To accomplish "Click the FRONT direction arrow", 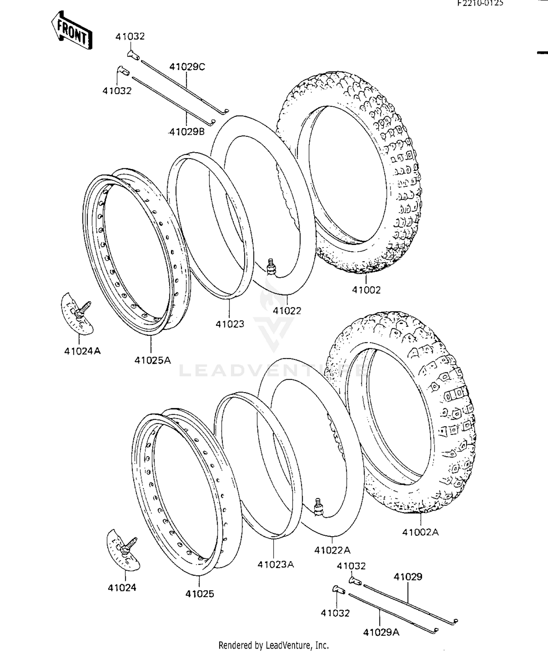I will (72, 31).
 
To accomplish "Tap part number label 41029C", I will (187, 67).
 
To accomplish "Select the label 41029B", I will (187, 131).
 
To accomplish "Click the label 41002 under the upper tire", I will (366, 290).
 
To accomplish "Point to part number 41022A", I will (332, 550).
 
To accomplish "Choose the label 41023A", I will (275, 564).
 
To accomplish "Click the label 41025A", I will (153, 360).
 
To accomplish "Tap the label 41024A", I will (83, 351).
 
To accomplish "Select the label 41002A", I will (420, 532).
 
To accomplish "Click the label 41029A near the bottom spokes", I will (381, 632).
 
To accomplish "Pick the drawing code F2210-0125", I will (481, 3).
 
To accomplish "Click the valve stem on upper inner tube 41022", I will (271, 268).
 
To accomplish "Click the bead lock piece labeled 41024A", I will (77, 314).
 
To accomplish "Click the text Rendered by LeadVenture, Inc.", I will (274, 645).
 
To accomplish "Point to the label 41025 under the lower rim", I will (199, 594).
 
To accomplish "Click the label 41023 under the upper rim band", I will (230, 323).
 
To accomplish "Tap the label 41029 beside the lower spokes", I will (408, 577).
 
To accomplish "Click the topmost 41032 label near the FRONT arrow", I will (130, 36).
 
